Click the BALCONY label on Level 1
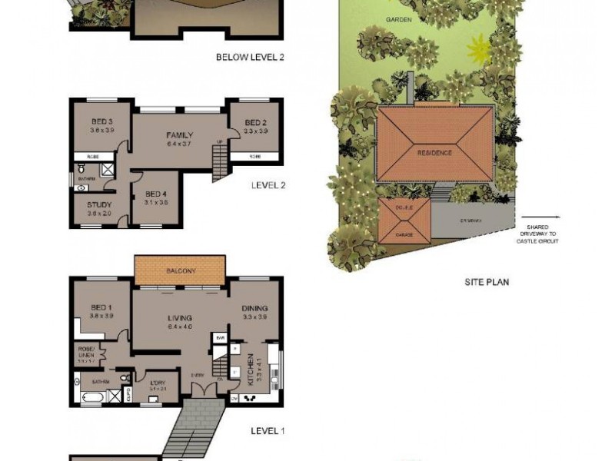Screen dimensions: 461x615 pyautogui.click(x=179, y=271)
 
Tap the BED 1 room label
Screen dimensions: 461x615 pyautogui.click(x=101, y=307)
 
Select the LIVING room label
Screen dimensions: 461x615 pyautogui.click(x=180, y=317)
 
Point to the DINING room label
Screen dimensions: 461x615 pyautogui.click(x=254, y=309)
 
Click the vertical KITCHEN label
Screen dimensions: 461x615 pyautogui.click(x=251, y=367)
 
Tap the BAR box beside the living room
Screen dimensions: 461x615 pyautogui.click(x=219, y=337)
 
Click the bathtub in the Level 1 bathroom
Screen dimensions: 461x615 pyautogui.click(x=90, y=397)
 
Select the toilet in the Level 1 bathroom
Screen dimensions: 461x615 pyautogui.click(x=78, y=381)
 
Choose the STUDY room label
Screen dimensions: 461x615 pyautogui.click(x=99, y=205)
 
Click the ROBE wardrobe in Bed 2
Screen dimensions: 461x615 pyautogui.click(x=254, y=157)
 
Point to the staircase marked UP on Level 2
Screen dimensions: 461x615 pyautogui.click(x=220, y=161)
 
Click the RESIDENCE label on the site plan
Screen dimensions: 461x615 pyautogui.click(x=434, y=153)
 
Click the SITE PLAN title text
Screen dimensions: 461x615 pyautogui.click(x=486, y=282)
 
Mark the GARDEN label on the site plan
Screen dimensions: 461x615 pyautogui.click(x=398, y=18)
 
